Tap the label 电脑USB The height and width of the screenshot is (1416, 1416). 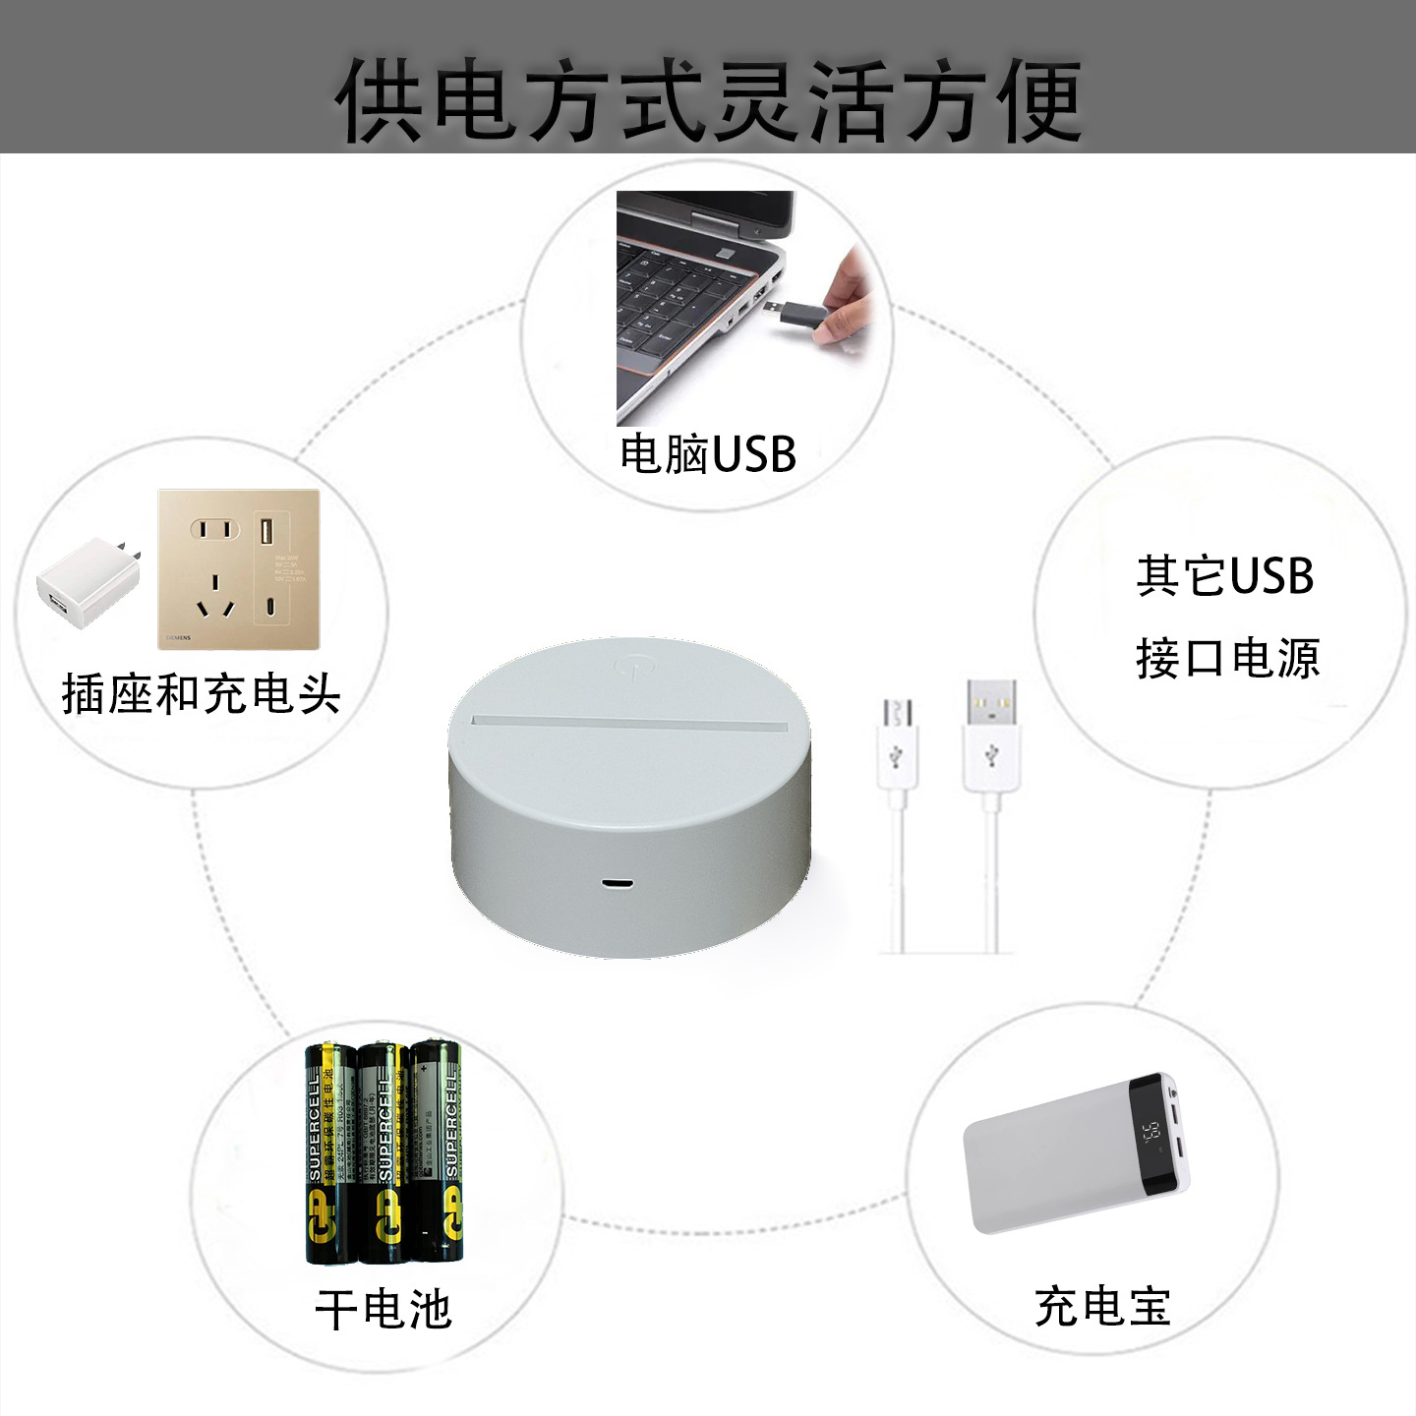(x=707, y=454)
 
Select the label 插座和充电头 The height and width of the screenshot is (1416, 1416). (x=201, y=694)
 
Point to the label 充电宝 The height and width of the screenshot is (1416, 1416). (x=1102, y=1307)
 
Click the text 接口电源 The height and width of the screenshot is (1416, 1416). (x=1226, y=658)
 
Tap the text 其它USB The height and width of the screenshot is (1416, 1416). (x=1225, y=576)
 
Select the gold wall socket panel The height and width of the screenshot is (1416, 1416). (x=239, y=569)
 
